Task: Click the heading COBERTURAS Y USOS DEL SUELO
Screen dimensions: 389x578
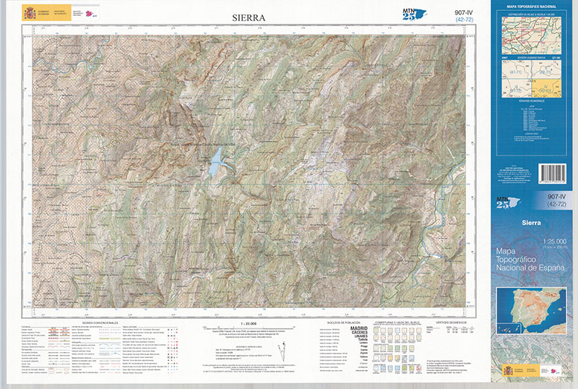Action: click(394, 322)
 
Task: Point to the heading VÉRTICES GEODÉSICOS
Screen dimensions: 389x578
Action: click(453, 322)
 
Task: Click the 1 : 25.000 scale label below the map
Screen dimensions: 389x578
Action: click(249, 322)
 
